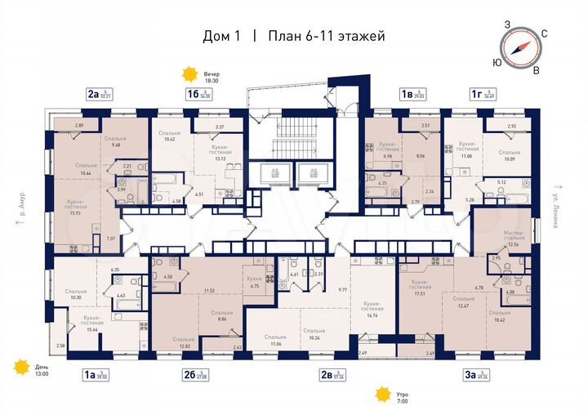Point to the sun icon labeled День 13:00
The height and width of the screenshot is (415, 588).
coord(18,369)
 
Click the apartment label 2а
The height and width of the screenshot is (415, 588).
coord(94,95)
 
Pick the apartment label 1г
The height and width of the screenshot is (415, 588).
coord(475,95)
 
